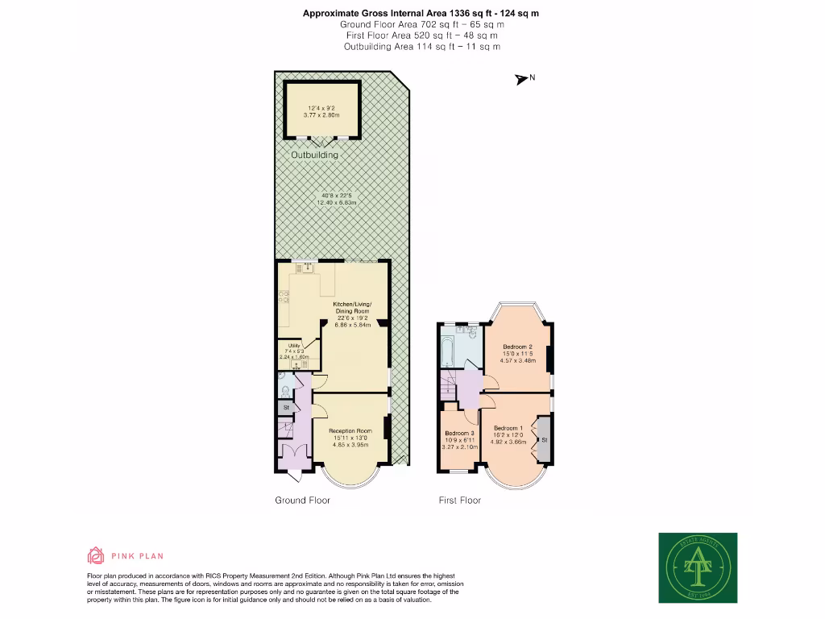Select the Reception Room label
tap(350, 431)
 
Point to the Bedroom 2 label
tap(518, 347)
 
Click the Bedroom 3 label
tap(460, 433)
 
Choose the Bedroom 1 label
tap(509, 428)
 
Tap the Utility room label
tap(294, 345)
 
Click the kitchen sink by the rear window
tap(307, 268)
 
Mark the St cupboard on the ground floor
tap(286, 409)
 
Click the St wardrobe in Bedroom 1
tap(545, 440)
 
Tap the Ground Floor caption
tap(302, 501)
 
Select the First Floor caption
tap(459, 501)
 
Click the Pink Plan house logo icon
tap(96, 555)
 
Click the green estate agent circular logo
tap(698, 567)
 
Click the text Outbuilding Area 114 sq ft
tap(422, 47)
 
